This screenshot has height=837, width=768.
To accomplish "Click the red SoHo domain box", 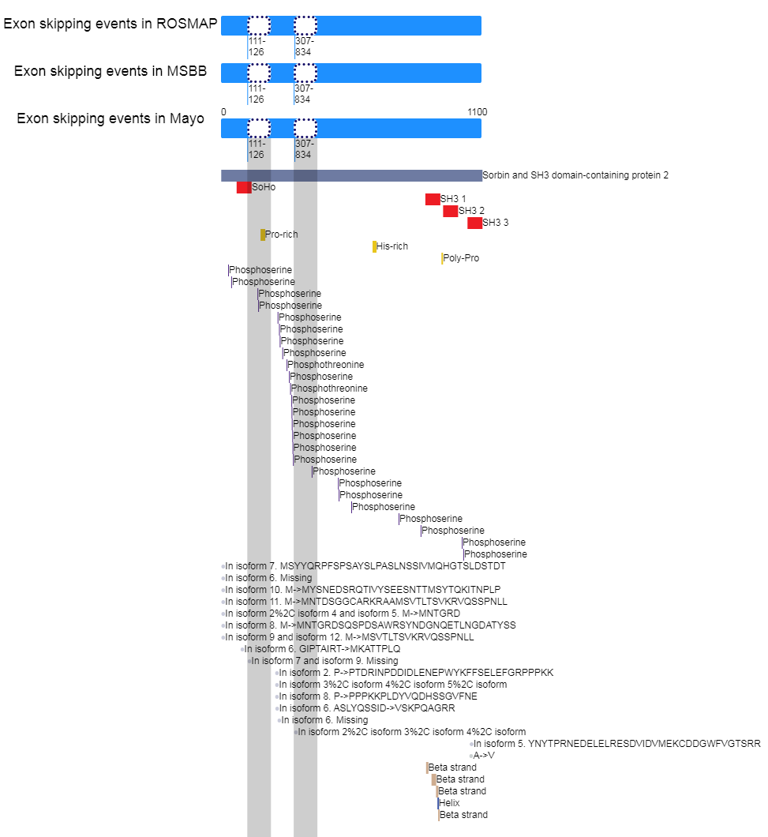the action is click(x=244, y=187).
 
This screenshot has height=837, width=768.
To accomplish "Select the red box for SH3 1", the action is click(x=433, y=199).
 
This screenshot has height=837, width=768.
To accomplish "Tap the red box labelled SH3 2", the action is click(x=451, y=211).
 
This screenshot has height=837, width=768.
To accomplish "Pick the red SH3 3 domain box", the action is click(x=474, y=223).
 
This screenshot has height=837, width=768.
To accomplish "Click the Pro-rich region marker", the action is click(x=263, y=235).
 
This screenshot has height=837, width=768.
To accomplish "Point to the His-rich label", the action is click(x=392, y=246).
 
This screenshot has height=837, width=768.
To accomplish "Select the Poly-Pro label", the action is click(x=461, y=258).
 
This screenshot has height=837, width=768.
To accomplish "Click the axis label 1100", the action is click(x=477, y=111).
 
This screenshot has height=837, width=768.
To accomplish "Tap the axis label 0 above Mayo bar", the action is click(x=223, y=111).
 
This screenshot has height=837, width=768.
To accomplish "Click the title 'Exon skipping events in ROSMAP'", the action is click(x=111, y=24).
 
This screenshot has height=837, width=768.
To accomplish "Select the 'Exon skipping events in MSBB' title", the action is click(x=111, y=71).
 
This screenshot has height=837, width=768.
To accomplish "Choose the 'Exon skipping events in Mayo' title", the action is click(x=111, y=118).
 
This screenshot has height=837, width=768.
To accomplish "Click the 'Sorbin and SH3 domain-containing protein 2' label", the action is click(x=575, y=175).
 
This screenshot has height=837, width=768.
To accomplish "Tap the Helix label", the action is click(x=449, y=803).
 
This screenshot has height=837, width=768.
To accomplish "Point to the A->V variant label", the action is click(x=484, y=756).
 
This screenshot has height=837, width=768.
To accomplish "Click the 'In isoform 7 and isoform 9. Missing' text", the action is click(x=324, y=661).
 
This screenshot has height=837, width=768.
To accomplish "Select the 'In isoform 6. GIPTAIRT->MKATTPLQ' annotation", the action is click(x=322, y=649).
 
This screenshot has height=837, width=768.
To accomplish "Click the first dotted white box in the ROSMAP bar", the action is click(x=259, y=25).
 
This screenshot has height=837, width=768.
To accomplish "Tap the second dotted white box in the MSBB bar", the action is click(x=305, y=73).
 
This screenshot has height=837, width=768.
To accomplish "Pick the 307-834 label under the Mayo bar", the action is click(x=304, y=149).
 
